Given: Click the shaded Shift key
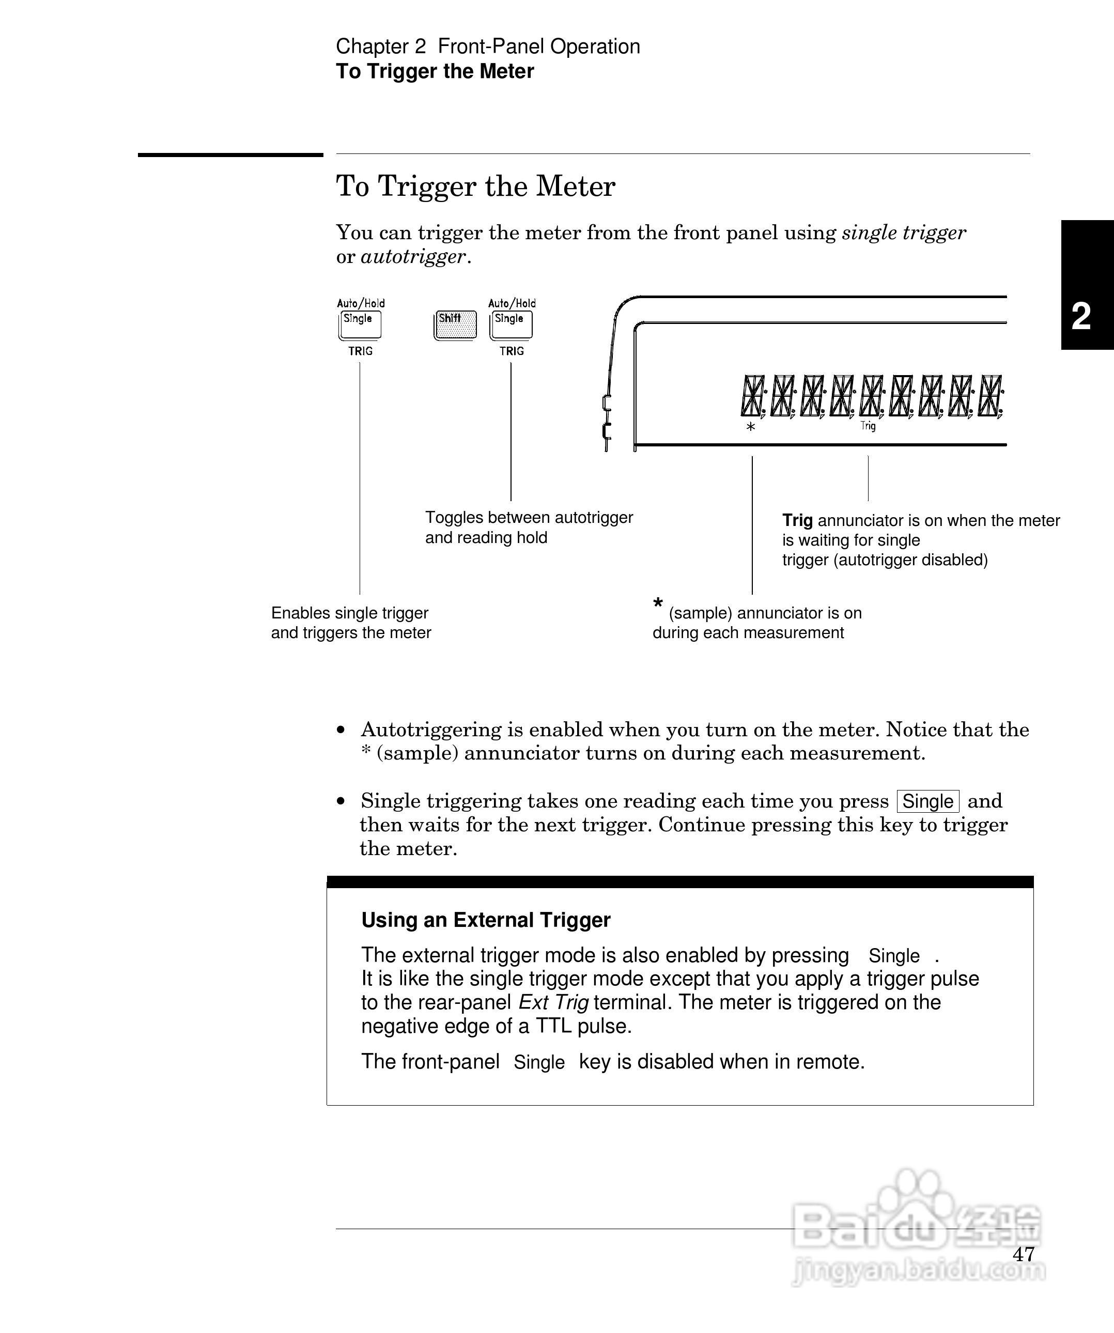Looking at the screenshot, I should (x=455, y=324).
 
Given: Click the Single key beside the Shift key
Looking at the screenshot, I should (x=511, y=324).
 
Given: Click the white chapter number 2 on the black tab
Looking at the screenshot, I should (x=1081, y=316).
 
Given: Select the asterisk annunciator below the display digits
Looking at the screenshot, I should (x=751, y=427).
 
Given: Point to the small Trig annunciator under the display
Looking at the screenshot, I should (x=868, y=426).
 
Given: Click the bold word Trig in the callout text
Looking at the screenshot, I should (x=797, y=520).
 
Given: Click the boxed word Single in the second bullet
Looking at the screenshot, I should (x=927, y=801).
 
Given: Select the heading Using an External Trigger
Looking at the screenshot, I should (x=486, y=920).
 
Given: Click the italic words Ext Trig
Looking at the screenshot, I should (x=553, y=1002).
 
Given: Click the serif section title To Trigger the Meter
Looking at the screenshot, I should (x=475, y=187).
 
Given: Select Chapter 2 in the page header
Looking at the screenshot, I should (x=381, y=47).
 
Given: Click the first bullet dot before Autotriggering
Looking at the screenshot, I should (x=342, y=730).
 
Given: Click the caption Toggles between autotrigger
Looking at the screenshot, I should (x=529, y=517).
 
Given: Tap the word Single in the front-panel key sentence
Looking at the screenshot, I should (x=539, y=1062).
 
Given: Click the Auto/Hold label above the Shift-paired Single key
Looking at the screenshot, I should (x=512, y=303).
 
